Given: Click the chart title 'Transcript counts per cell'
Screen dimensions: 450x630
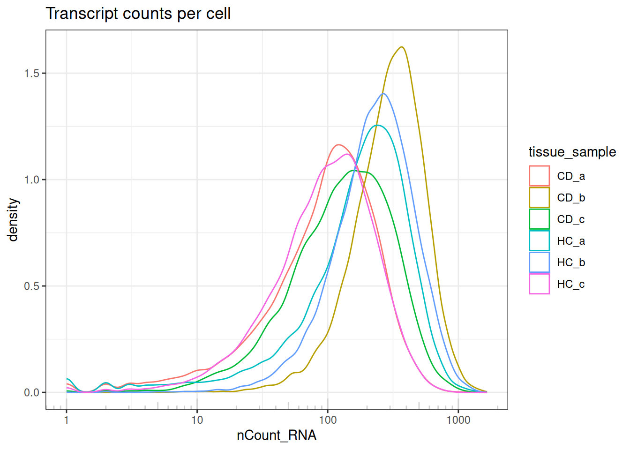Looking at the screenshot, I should [138, 14].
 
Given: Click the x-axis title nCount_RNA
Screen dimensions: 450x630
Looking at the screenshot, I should [277, 435].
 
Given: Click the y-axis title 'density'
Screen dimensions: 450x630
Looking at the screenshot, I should [13, 219].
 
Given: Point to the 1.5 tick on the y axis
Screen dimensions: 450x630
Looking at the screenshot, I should [32, 74].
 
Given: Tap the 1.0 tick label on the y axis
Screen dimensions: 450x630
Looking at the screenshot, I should [32, 180].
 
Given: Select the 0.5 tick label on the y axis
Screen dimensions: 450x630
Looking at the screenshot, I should [32, 286].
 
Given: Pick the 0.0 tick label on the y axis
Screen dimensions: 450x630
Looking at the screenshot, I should [32, 393].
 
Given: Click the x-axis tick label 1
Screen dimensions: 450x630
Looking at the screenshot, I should [67, 420].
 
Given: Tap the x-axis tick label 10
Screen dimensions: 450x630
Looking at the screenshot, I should [197, 420].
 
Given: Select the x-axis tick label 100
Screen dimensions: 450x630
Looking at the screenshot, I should [328, 420].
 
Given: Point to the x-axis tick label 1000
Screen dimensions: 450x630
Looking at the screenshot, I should [458, 420].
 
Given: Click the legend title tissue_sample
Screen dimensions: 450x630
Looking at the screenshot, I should [572, 152].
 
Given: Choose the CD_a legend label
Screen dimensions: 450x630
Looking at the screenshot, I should [571, 176].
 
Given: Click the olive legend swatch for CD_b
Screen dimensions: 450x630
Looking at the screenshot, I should [539, 198].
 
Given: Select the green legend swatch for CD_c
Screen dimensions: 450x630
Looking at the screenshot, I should [539, 219].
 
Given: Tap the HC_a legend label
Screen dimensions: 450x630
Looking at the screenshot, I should [571, 241].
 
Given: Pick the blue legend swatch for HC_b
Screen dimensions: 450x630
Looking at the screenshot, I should [539, 262].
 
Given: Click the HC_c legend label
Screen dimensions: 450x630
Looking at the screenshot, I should [571, 284].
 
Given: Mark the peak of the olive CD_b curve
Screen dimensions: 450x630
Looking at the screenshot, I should [402, 47].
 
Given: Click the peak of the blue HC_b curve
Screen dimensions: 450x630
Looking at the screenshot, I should [383, 93].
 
